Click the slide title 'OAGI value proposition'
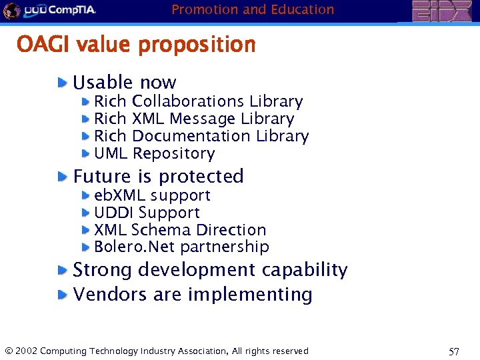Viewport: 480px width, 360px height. [136, 45]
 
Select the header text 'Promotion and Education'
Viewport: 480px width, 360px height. [253, 9]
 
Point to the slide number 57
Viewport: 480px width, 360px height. [454, 351]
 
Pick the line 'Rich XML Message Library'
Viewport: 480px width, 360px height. [194, 119]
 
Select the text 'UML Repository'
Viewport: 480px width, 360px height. [155, 153]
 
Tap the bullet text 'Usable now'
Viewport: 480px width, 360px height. [125, 83]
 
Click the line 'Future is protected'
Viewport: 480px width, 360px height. [159, 176]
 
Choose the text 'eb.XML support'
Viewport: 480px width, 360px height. [152, 195]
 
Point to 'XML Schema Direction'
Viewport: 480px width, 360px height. [180, 230]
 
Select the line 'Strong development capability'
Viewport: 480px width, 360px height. [210, 270]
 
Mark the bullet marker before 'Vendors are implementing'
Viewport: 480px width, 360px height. [62, 294]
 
